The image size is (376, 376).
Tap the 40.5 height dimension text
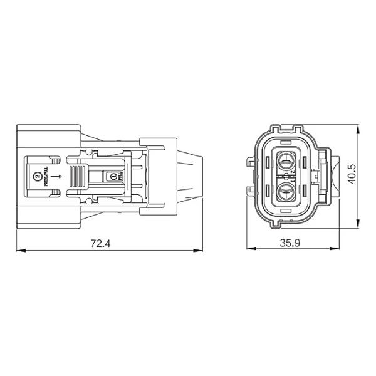(352, 174)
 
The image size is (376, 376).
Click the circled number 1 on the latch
(114, 177)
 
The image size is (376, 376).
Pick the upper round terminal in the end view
(286, 159)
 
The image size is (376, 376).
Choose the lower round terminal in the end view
(286, 191)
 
